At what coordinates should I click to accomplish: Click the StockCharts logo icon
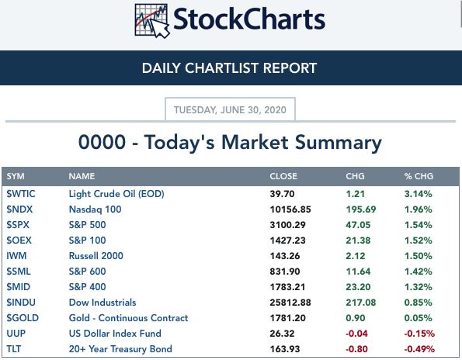click(152, 21)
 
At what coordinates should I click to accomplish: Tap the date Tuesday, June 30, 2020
click(230, 110)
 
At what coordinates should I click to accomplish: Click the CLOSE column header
click(283, 176)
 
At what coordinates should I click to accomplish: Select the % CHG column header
click(419, 176)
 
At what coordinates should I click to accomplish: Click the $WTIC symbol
click(21, 194)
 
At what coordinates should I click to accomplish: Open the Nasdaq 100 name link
click(96, 209)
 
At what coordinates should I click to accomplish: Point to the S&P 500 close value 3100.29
click(288, 225)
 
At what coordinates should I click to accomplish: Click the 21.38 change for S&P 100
click(358, 241)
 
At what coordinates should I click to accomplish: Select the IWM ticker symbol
click(16, 256)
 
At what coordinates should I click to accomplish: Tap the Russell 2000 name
click(96, 256)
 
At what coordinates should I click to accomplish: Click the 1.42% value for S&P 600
click(418, 272)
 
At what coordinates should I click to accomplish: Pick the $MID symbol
click(19, 287)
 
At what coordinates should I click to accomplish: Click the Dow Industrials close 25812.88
click(290, 303)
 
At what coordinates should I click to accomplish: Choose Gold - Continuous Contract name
click(128, 318)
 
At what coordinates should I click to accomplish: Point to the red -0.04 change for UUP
click(357, 334)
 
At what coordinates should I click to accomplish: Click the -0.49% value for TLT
click(419, 349)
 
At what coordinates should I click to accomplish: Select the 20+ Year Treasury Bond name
click(120, 349)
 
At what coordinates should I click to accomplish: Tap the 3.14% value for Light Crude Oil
click(418, 194)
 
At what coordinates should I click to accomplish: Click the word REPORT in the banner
click(290, 68)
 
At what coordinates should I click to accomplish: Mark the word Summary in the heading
click(339, 144)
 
